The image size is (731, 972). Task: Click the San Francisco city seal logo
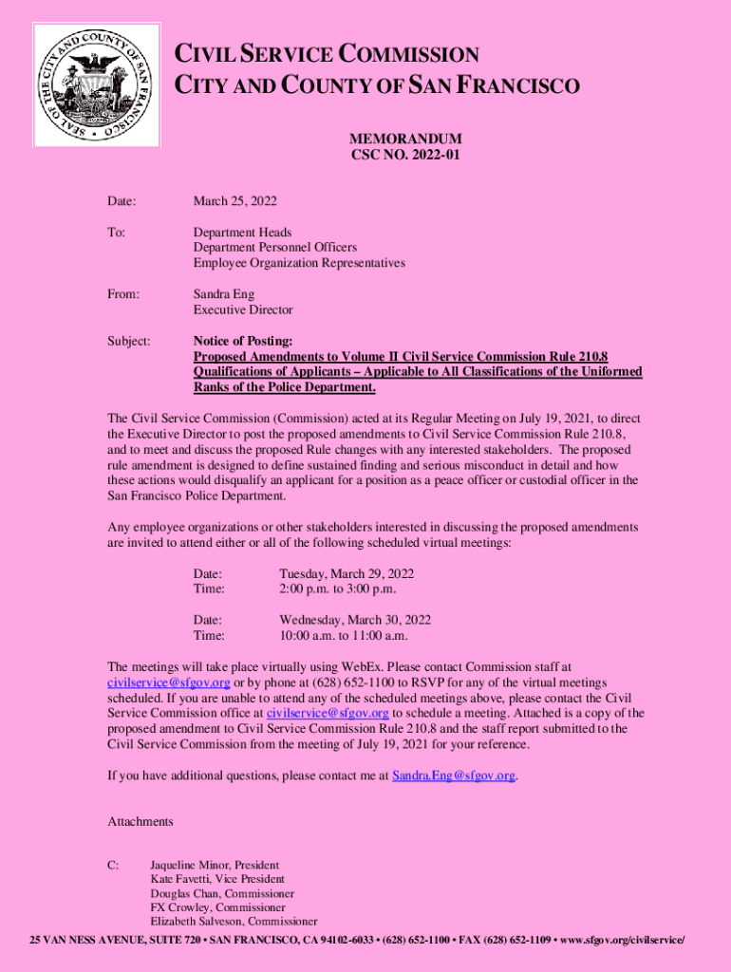coord(96,85)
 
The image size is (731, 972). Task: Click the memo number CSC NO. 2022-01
coord(406,155)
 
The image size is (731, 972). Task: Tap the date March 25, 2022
coord(235,201)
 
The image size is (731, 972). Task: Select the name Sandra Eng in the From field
coord(224,294)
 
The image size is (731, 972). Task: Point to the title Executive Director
coord(243,310)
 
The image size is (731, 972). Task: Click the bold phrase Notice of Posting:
coord(243,341)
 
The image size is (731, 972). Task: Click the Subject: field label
coord(130,341)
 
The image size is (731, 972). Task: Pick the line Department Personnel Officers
coord(275,248)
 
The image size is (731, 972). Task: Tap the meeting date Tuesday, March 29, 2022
coord(347,574)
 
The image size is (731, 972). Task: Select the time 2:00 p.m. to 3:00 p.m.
coord(337,589)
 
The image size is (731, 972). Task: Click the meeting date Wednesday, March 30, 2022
coord(355,620)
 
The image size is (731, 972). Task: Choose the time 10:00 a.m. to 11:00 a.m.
coord(344,636)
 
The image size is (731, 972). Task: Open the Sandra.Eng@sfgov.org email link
coord(454,776)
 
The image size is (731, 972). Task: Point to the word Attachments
coord(141,821)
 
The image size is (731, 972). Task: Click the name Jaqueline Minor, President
coord(215,866)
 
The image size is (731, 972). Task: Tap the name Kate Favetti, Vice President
coord(217,880)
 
